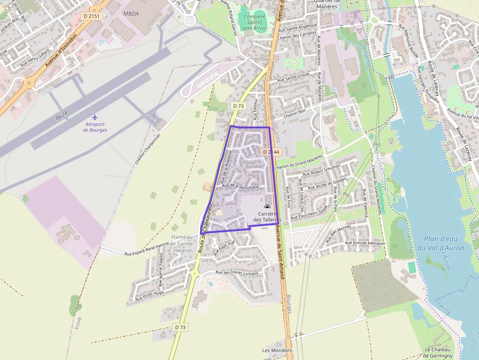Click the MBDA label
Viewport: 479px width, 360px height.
(x=131, y=14)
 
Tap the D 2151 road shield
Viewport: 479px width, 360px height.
(x=91, y=16)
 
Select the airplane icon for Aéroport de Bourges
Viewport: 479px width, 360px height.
(x=95, y=117)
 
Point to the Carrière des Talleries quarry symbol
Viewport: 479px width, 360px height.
(x=267, y=208)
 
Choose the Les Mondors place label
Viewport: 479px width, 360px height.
(x=277, y=350)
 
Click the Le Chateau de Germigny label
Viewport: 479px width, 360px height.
(x=440, y=353)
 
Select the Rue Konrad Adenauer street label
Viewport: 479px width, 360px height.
(x=365, y=243)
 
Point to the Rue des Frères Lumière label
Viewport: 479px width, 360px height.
(x=237, y=273)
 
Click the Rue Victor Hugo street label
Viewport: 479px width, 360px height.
(x=149, y=295)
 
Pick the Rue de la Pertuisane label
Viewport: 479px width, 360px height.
(x=240, y=186)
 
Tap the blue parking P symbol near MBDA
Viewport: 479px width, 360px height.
(x=102, y=43)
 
